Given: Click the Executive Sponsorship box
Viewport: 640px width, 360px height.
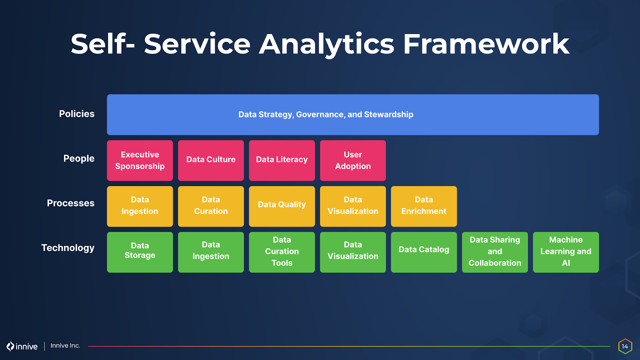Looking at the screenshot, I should click(140, 160).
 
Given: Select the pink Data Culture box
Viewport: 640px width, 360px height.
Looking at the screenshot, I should click(211, 160).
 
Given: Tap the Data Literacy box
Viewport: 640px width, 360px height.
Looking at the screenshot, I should click(282, 160).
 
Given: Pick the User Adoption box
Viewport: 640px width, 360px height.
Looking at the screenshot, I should click(353, 160).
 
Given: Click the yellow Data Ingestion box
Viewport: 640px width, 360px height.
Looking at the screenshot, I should click(140, 206).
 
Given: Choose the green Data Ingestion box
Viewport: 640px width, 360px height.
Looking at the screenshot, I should click(211, 252).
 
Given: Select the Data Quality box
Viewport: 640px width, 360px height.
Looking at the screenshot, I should click(282, 206).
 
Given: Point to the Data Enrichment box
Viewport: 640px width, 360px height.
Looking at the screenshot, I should click(424, 206).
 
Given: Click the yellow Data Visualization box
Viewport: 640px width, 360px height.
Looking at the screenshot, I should click(353, 206).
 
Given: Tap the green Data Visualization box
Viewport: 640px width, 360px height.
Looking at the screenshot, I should click(353, 252).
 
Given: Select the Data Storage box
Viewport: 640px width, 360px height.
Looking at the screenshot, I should click(140, 252).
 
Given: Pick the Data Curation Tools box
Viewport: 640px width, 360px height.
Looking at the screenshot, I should click(282, 252).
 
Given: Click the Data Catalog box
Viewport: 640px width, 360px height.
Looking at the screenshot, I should click(424, 252).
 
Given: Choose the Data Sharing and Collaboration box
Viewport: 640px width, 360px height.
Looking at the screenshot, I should click(495, 252).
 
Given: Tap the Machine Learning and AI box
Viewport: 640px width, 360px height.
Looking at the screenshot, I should click(566, 252).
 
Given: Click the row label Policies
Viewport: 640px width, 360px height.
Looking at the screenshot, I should click(77, 114).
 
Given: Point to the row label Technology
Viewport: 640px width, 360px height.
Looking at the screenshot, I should click(68, 248).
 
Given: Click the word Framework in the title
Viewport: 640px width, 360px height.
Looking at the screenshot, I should click(486, 44).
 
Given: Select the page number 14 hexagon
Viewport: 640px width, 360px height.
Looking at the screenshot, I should click(625, 346).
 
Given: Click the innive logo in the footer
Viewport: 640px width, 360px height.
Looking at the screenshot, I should click(22, 346).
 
